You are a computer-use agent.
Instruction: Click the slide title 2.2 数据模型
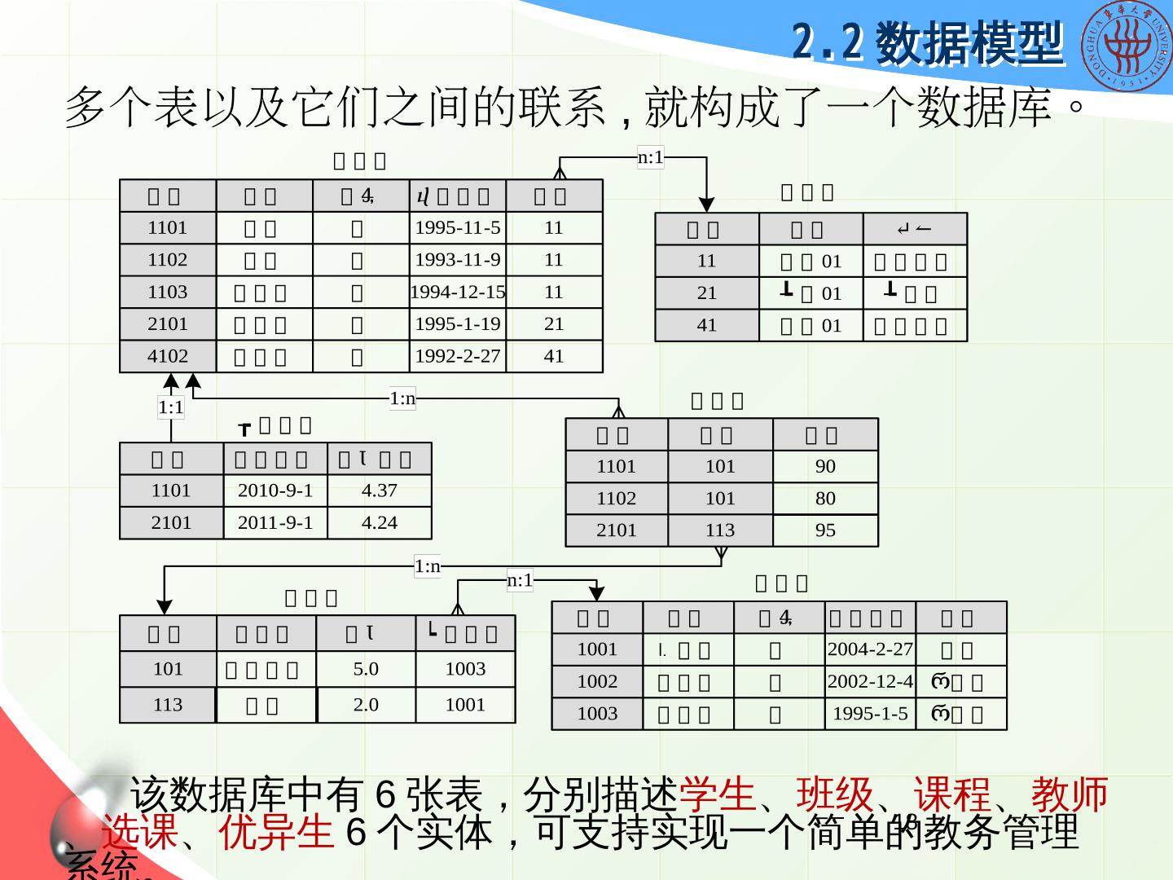(x=928, y=42)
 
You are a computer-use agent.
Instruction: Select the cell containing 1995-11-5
(x=458, y=228)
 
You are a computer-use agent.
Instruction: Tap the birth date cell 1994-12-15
(x=458, y=292)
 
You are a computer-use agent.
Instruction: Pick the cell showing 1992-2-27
(x=458, y=356)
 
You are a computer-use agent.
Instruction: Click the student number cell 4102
(x=168, y=356)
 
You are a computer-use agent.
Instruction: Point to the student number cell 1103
(x=168, y=292)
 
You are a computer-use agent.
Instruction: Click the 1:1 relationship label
(x=171, y=407)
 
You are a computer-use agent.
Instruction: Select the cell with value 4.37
(x=380, y=491)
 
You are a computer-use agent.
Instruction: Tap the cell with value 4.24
(x=380, y=522)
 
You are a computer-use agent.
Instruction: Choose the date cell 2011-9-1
(x=275, y=522)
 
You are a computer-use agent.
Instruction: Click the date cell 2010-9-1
(x=275, y=491)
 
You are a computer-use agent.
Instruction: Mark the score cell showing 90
(x=825, y=466)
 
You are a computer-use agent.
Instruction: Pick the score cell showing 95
(x=825, y=530)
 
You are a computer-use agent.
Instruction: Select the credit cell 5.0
(x=366, y=669)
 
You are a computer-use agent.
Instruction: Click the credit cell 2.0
(x=366, y=705)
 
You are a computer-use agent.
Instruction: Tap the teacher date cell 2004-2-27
(x=870, y=649)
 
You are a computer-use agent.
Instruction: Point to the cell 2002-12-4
(x=870, y=681)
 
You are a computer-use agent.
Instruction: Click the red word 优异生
(x=277, y=832)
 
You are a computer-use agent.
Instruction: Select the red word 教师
(x=1070, y=794)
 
